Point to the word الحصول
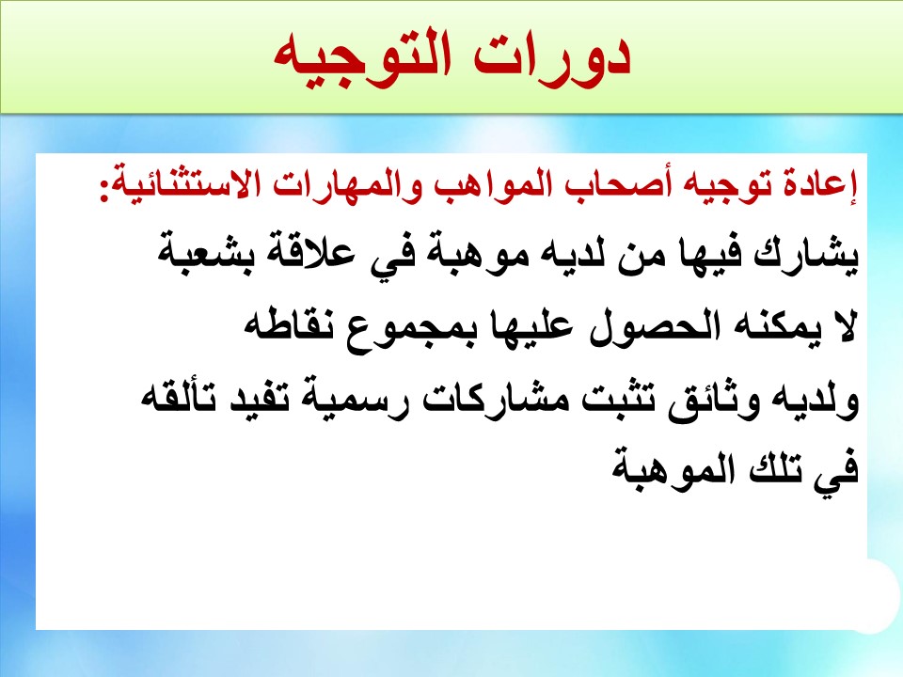tap(638, 325)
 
